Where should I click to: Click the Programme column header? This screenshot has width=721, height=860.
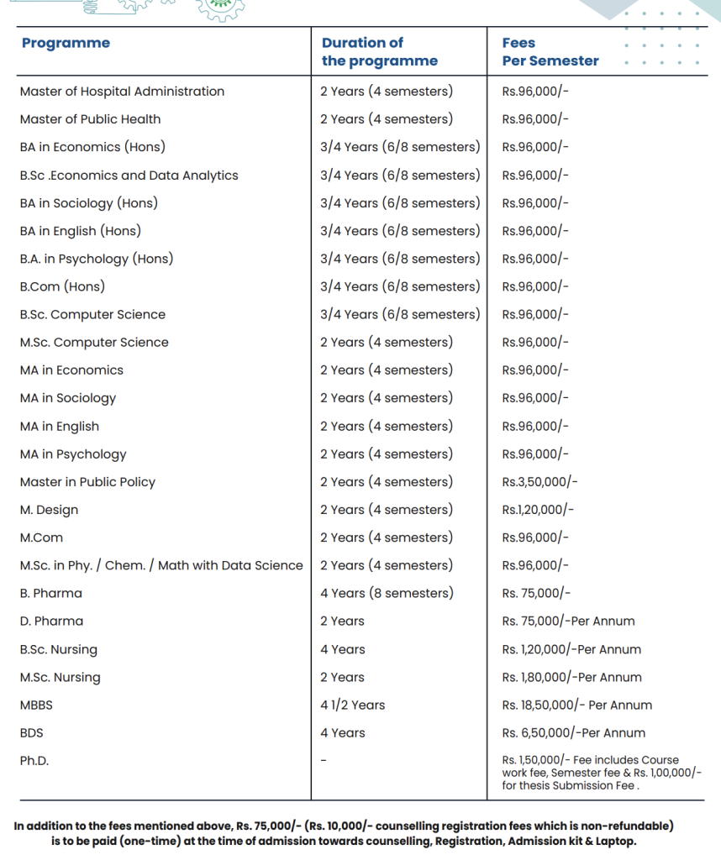66,44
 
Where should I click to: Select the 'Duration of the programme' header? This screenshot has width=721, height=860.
379,51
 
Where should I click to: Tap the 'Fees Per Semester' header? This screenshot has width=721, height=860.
550,51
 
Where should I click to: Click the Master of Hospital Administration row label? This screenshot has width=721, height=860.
122,92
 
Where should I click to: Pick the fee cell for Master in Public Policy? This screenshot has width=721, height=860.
539,482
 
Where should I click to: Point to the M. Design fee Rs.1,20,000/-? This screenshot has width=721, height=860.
538,510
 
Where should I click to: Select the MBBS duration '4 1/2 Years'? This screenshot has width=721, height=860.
352,705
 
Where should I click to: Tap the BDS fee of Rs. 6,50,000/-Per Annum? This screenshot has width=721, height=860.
573,733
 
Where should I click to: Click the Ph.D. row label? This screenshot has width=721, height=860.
34,761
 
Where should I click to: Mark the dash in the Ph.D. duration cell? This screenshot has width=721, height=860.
323,761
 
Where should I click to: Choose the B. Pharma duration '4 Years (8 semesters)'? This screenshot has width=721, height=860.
386,593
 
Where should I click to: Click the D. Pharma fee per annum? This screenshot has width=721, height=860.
568,621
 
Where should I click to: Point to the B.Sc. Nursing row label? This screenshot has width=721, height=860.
58,649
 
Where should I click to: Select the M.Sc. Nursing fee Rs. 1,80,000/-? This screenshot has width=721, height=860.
571,677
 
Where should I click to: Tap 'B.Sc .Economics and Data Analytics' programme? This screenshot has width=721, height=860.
129,176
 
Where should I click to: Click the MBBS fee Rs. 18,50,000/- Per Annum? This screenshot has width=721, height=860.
576,705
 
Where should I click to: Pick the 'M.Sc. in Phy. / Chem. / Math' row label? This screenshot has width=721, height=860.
161,565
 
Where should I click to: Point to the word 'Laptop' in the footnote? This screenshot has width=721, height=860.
613,841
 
